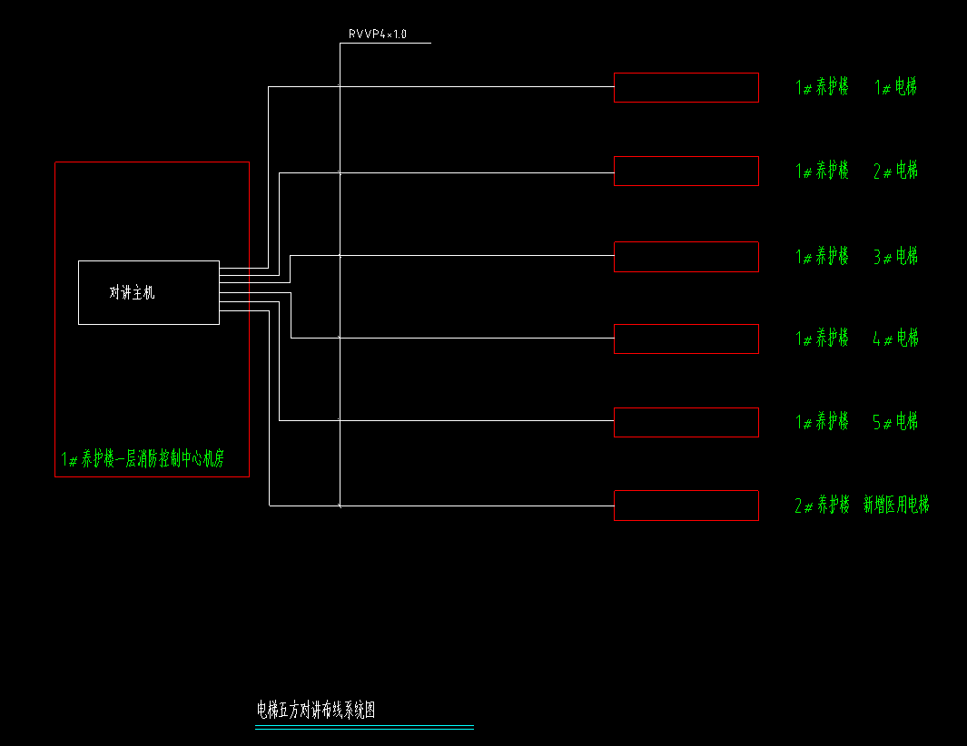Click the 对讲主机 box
tap(148, 292)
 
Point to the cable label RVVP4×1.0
tap(377, 34)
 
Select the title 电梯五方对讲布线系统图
tap(316, 710)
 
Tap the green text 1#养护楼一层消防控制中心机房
tap(143, 459)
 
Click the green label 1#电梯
tap(895, 87)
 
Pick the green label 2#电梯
tap(895, 171)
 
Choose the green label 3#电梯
tap(895, 256)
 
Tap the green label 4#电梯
tap(895, 339)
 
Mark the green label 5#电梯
tap(895, 422)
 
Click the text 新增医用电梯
tap(896, 506)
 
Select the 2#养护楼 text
tap(822, 506)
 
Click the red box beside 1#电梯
tap(686, 88)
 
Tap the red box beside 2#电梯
tap(686, 171)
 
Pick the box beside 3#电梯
tap(686, 257)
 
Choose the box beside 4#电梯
tap(686, 339)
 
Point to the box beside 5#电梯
tap(686, 422)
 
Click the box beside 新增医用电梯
tap(686, 506)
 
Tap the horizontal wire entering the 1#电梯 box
tap(472, 87)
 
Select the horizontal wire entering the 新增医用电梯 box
tap(472, 506)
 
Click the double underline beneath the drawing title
tap(364, 727)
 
